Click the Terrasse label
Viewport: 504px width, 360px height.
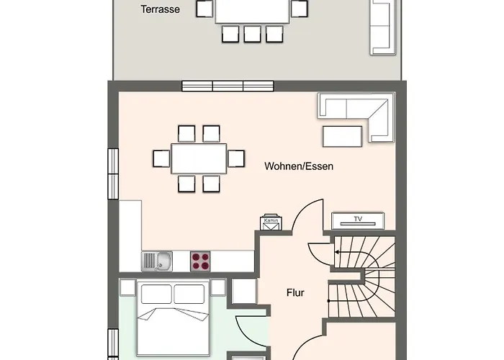[x=160, y=9]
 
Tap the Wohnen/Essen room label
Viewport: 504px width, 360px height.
[x=299, y=166]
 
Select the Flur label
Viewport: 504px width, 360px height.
[x=295, y=293]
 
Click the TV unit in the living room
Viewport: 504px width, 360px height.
[x=358, y=221]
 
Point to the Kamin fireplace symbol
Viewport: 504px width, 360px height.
[x=271, y=222]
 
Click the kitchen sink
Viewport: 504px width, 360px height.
[x=157, y=261]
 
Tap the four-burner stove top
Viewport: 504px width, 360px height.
[x=200, y=261]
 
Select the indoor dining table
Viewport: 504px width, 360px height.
[x=199, y=159]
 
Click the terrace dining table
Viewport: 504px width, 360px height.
[x=252, y=12]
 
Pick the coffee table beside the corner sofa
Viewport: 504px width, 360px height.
[x=343, y=136]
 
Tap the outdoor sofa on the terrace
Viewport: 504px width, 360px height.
[x=382, y=27]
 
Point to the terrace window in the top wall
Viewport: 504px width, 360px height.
[x=228, y=86]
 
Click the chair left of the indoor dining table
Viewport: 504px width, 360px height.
[x=161, y=159]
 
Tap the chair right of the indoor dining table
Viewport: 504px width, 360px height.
[x=236, y=159]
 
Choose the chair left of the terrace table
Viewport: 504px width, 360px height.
[x=204, y=9]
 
